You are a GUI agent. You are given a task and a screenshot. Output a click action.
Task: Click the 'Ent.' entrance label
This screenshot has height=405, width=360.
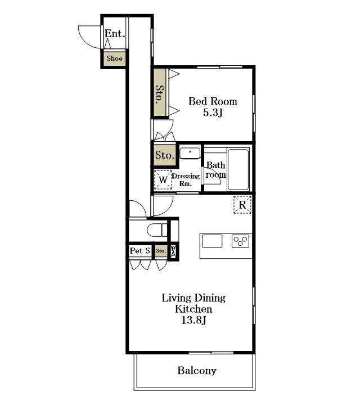tap(115, 34)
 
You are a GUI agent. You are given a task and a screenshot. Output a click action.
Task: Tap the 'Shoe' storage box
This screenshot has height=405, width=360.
tap(114, 58)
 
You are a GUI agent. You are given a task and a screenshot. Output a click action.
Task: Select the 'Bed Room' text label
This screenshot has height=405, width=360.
tap(213, 101)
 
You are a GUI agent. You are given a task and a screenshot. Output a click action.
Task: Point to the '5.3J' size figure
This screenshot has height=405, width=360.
tap(213, 112)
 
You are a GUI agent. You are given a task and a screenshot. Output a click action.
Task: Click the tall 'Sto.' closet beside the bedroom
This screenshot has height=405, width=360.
tap(160, 92)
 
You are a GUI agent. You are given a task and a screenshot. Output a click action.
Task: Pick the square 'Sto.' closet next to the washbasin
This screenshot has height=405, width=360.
tap(165, 155)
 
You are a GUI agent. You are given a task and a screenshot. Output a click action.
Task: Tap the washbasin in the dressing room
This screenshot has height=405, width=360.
tap(190, 153)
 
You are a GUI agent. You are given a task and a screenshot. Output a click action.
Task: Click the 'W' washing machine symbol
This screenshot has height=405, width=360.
tap(163, 180)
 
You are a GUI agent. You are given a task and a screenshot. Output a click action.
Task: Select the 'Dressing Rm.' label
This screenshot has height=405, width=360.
tap(186, 180)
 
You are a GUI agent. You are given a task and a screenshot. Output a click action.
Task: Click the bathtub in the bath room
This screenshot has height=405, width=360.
tap(238, 169)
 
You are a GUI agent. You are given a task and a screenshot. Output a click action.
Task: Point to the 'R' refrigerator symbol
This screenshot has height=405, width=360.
tap(242, 205)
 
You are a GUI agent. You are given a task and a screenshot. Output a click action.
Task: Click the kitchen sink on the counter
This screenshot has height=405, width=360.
tap(212, 241)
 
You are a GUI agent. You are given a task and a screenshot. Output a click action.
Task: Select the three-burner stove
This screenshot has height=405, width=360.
tap(240, 241)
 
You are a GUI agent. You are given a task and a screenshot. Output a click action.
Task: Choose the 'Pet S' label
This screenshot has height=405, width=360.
tap(140, 250)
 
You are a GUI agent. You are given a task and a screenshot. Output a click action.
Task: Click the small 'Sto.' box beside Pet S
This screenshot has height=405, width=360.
tap(161, 251)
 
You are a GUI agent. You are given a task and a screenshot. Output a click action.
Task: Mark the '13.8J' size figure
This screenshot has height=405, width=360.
tap(193, 321)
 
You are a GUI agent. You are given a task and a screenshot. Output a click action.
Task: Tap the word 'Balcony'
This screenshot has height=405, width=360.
tap(197, 371)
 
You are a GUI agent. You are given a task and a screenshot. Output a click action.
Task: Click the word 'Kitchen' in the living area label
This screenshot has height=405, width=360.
tap(193, 309)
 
